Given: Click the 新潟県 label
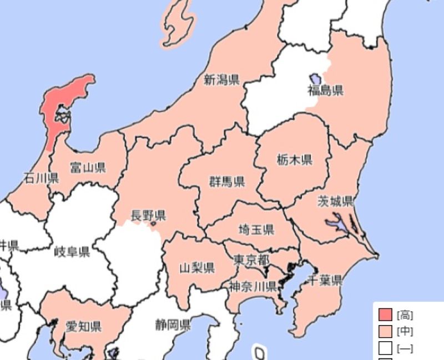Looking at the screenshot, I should [x=221, y=80].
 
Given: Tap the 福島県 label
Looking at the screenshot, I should [x=326, y=91].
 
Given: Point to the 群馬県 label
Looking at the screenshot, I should [x=227, y=182].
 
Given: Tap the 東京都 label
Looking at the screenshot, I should [x=251, y=259].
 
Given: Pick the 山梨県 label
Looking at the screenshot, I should [x=197, y=268].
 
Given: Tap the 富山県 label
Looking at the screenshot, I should [x=88, y=167].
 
